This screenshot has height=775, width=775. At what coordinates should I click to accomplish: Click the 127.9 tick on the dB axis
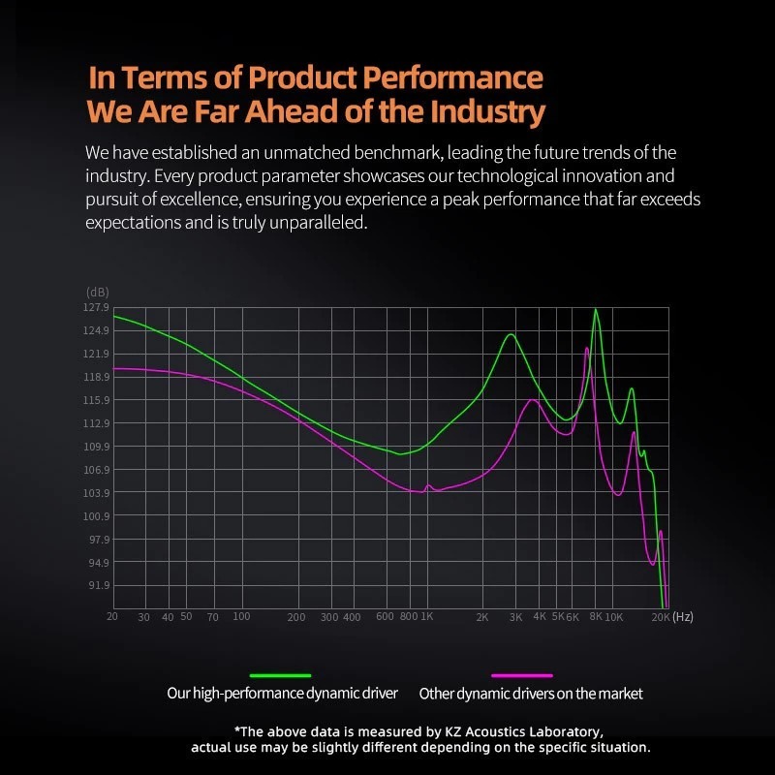(x=97, y=307)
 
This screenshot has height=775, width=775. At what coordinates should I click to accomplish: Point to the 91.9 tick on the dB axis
(x=97, y=585)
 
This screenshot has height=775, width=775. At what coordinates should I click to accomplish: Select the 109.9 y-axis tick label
(x=97, y=447)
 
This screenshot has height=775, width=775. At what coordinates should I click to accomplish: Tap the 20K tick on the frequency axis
(x=660, y=617)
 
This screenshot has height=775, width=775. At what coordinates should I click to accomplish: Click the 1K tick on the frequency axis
(x=427, y=617)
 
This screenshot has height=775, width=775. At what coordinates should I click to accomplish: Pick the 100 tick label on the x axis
(x=241, y=617)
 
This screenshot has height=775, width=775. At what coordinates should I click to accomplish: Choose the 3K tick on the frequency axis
(x=515, y=617)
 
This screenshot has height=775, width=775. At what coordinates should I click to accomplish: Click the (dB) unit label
(x=98, y=292)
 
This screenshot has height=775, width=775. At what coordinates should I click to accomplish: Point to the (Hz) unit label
(x=682, y=616)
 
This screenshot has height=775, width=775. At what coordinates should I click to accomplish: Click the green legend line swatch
(x=281, y=674)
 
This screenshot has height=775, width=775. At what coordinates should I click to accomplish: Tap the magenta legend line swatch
(x=522, y=674)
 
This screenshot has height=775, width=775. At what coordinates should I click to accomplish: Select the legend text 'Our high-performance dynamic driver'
(x=282, y=694)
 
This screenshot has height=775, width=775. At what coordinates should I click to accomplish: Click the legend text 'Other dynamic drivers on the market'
(x=531, y=694)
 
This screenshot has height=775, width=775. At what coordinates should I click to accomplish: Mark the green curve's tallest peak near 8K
(x=596, y=310)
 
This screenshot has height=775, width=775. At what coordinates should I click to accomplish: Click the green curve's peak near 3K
(x=510, y=334)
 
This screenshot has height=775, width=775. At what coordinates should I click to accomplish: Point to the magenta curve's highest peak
(x=587, y=348)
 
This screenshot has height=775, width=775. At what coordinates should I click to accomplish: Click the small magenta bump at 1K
(x=428, y=485)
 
